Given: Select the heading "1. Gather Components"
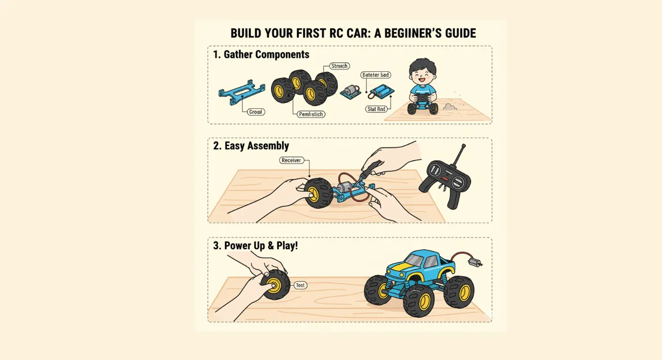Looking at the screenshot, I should click(x=261, y=55).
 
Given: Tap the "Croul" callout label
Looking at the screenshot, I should click(x=256, y=112).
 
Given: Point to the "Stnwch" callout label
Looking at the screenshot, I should click(x=339, y=66).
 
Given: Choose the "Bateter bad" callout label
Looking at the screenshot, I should click(x=375, y=75).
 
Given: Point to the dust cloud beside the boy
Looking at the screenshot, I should click(x=449, y=106).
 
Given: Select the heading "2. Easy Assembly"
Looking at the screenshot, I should click(x=251, y=146).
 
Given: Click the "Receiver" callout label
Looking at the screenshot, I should click(x=291, y=160).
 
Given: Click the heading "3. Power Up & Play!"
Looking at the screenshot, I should click(x=255, y=245).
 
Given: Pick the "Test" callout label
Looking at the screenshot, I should click(x=300, y=285).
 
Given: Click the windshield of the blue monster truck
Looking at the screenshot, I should click(x=415, y=261).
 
